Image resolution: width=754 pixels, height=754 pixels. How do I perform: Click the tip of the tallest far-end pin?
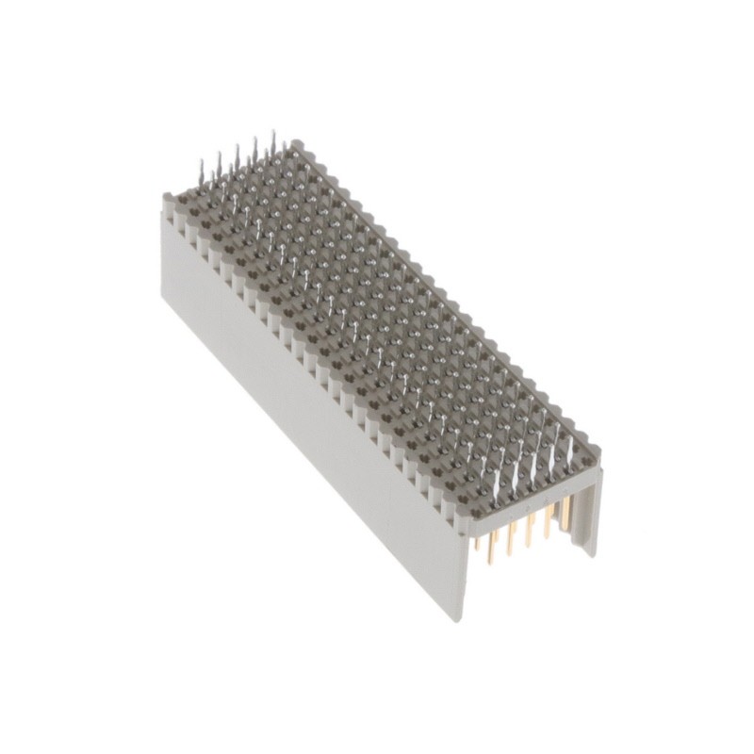pyautogui.click(x=273, y=133)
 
